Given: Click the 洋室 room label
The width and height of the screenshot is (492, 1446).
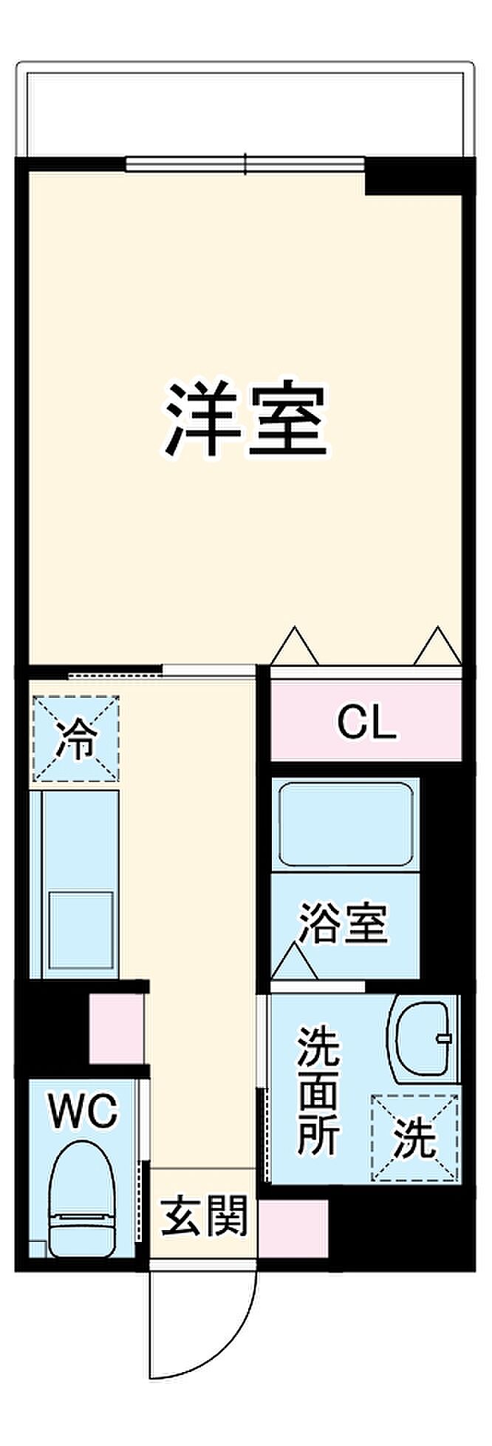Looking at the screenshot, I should (x=245, y=419).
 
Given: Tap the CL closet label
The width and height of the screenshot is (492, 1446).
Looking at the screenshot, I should (x=366, y=724).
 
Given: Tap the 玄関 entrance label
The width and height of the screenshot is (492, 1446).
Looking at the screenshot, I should (x=205, y=1215).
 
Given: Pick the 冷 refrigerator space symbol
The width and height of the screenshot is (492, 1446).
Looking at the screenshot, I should (x=75, y=738).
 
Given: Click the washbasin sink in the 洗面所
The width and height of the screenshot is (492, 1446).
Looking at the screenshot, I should (x=423, y=1038).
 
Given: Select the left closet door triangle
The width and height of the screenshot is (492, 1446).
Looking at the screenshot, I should (x=295, y=646).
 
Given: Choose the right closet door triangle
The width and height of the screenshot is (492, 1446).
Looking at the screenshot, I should (x=437, y=646).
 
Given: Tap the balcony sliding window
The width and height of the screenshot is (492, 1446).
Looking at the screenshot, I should (x=245, y=163).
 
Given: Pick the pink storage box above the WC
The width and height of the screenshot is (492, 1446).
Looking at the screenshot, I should (x=116, y=1028).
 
